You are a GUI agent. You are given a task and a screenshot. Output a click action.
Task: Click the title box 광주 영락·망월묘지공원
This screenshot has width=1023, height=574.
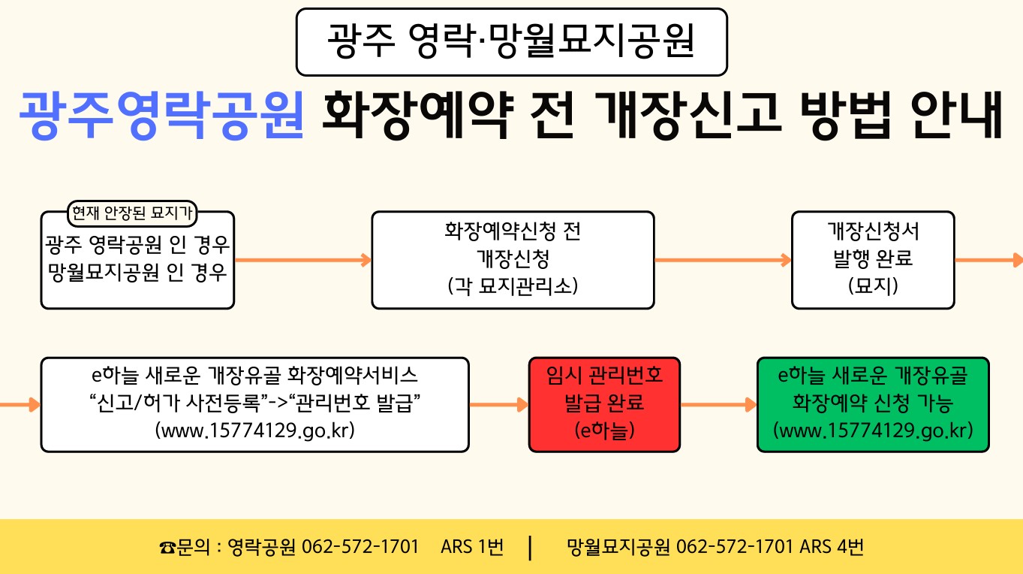click(x=512, y=42)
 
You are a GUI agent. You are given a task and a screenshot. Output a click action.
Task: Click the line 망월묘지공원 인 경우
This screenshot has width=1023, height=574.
click(x=137, y=271)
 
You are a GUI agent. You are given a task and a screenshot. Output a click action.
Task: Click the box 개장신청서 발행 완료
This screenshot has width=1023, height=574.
click(x=873, y=259)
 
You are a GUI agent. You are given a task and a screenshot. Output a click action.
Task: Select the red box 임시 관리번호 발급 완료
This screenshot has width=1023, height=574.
click(x=604, y=404)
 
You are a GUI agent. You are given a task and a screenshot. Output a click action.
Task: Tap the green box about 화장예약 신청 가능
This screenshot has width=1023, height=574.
click(x=873, y=404)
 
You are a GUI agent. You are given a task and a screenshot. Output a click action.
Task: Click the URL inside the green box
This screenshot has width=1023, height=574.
click(x=873, y=430)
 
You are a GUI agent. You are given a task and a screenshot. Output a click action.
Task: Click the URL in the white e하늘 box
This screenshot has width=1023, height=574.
click(x=254, y=431)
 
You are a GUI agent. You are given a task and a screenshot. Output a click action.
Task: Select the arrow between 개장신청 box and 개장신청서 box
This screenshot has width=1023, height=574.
click(x=723, y=261)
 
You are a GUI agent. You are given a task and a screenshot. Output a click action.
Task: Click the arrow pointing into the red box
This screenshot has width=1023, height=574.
click(x=499, y=405)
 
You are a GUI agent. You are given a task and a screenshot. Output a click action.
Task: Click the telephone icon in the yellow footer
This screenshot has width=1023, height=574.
click(x=167, y=547)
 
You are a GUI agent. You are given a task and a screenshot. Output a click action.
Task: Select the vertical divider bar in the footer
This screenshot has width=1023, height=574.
click(x=531, y=547)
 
